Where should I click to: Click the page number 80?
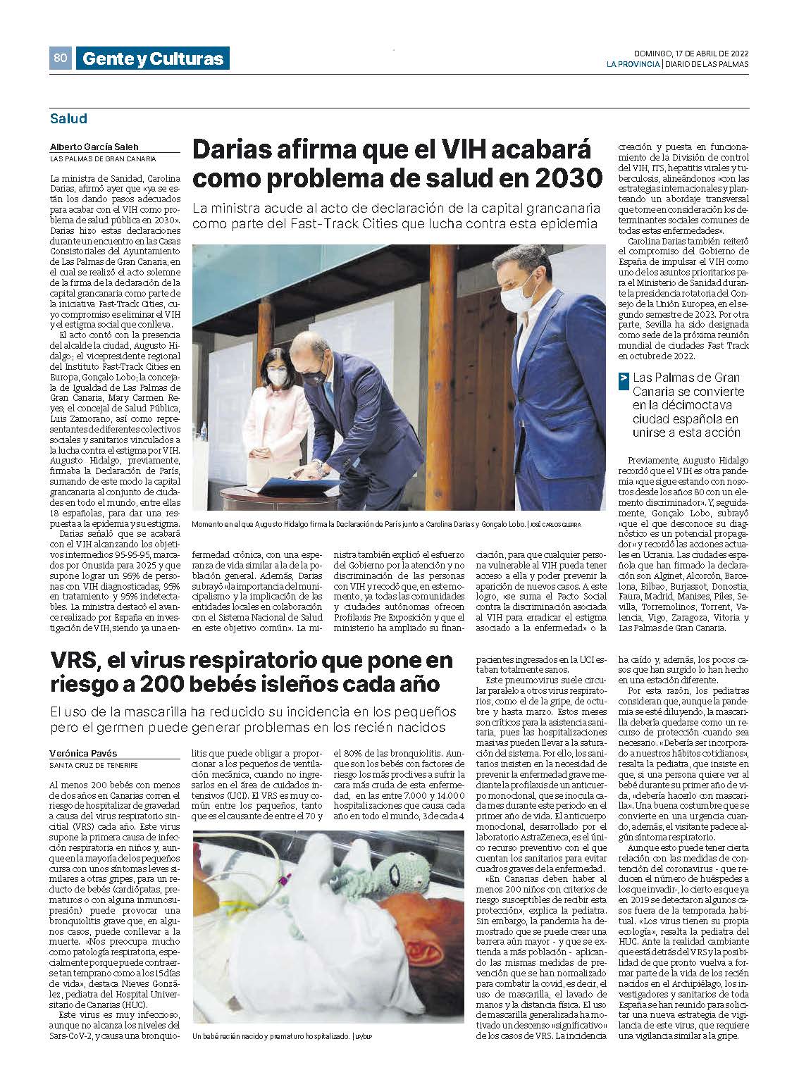[x=60, y=58]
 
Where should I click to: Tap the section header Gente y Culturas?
[x=152, y=59]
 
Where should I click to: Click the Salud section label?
[x=68, y=119]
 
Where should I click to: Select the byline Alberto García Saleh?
[x=94, y=147]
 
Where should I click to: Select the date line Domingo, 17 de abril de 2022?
[x=690, y=53]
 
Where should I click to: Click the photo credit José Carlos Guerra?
[x=557, y=526]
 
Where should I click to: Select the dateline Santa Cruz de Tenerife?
[x=94, y=765]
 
